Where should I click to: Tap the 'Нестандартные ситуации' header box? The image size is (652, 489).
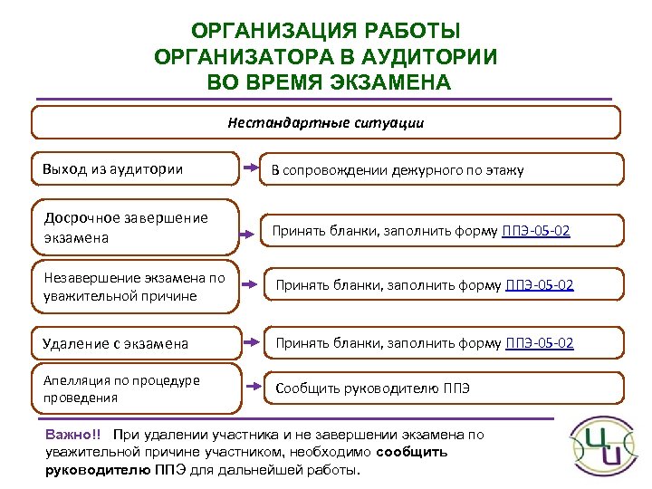326,121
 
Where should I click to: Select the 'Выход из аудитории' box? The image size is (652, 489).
136,169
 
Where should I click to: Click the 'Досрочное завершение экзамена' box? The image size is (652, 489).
136,227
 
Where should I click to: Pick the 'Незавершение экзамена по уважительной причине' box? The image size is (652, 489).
136,287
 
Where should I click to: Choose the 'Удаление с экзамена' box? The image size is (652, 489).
136,343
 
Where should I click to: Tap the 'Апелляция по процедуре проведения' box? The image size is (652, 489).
136,388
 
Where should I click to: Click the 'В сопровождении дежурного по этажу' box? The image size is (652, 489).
442,169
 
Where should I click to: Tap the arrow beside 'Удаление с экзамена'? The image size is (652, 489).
251,344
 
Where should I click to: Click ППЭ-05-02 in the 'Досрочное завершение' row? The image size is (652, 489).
536,231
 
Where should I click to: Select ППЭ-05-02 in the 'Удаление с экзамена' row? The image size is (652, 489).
539,343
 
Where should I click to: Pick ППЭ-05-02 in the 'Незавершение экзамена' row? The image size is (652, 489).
539,287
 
